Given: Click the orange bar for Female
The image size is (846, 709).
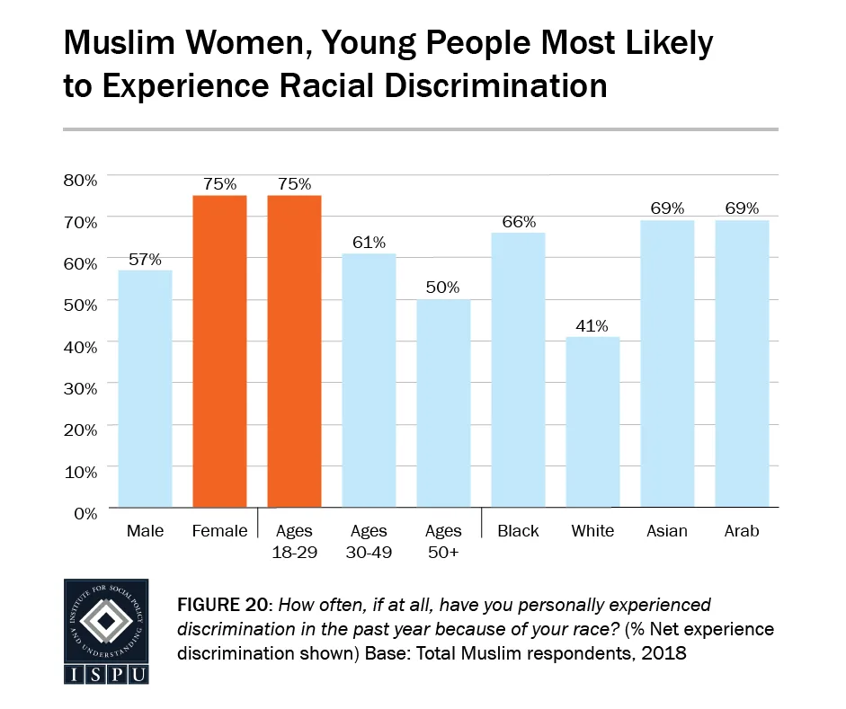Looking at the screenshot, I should coord(219,351).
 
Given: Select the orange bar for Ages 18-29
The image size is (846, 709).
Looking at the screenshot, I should coord(294,351).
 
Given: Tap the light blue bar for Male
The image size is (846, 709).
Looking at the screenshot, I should coord(145,388).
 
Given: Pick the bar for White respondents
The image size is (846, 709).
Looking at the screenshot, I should coord(592,421).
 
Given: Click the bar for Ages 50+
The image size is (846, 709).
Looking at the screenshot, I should coord(443,403).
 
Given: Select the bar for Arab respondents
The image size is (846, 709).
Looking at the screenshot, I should coord(742,364).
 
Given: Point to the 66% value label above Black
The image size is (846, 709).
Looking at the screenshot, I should coord(518,221).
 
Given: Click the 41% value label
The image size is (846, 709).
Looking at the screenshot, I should coord(592,325).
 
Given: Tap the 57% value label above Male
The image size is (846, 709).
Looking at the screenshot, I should coord(145,259).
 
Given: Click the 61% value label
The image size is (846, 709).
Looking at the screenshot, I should coord(369,243).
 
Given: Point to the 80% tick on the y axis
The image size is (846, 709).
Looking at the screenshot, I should coord(80,180).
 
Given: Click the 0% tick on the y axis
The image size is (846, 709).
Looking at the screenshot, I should coord(84,513).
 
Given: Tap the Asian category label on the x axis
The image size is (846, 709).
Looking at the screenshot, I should coord(667,531).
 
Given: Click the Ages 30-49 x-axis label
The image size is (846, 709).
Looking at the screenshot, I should coord(369,541).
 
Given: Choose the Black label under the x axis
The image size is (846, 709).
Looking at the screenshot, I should coord(518,531).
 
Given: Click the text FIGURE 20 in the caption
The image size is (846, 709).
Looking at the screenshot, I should coord(225,605).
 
